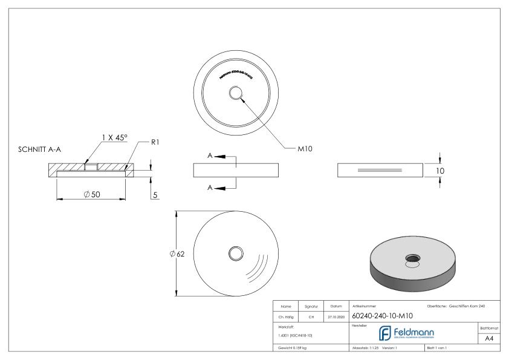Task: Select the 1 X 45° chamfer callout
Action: tap(114, 138)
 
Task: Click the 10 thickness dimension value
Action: tap(440, 171)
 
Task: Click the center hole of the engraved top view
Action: tap(236, 93)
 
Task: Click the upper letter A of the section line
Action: tap(210, 156)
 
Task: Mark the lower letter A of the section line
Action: tap(210, 188)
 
